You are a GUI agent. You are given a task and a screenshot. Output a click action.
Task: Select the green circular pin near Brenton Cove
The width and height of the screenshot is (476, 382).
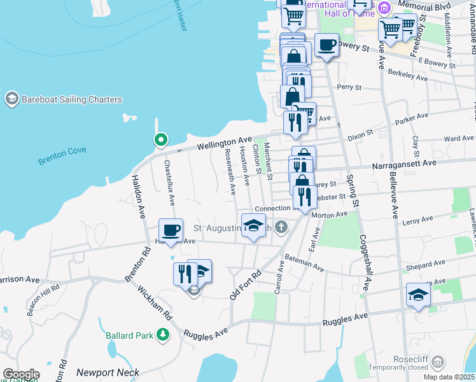click(162, 139)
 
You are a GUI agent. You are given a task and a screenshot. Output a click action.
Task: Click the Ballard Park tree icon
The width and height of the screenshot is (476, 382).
click(164, 333)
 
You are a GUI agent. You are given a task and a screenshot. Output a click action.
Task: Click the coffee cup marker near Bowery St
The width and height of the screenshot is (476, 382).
click(326, 45)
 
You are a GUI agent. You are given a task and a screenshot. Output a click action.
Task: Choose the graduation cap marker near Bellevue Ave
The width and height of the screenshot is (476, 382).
click(418, 294)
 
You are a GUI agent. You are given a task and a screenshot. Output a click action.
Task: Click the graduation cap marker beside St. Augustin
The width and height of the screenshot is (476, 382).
click(253, 225)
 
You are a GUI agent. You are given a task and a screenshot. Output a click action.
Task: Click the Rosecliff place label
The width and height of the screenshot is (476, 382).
click(410, 359)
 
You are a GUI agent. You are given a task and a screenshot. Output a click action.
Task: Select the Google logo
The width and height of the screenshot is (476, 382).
click(20, 374)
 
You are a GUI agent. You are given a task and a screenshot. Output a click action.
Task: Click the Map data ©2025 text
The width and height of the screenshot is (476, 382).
click(449, 377)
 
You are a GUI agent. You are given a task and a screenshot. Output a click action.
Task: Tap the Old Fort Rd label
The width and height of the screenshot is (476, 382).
click(246, 284)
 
